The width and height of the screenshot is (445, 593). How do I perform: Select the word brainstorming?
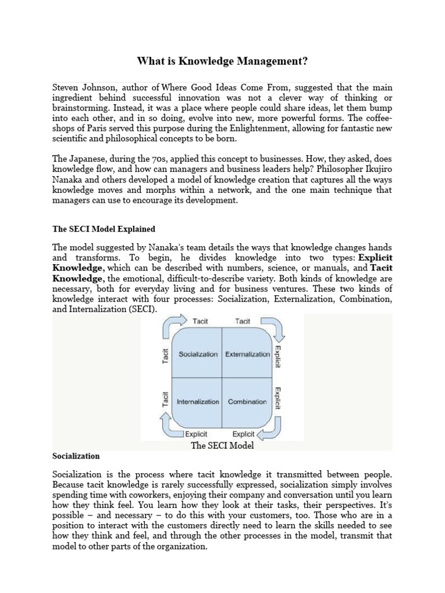79,108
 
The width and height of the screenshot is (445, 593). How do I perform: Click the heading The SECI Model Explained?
104,229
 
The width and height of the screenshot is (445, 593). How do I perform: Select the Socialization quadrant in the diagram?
198,354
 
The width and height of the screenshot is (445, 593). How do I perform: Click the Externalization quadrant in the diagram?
247,354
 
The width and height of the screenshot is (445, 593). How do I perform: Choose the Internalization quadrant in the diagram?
198,401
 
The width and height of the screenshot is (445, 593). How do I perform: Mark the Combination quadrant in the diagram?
247,401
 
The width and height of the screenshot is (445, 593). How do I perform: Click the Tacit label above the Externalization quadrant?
242,321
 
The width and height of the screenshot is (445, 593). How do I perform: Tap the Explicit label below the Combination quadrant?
243,434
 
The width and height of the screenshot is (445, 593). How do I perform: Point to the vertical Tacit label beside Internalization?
165,400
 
